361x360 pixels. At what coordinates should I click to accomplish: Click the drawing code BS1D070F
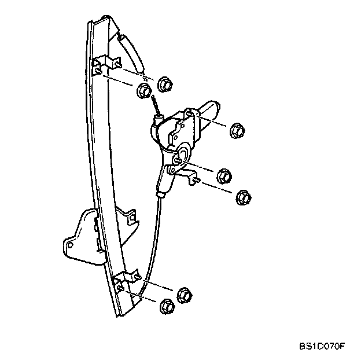(x=322, y=347)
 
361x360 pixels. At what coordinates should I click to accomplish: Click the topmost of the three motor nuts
(x=235, y=130)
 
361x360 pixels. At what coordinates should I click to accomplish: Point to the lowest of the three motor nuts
(x=244, y=196)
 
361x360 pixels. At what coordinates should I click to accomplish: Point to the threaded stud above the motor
(x=155, y=106)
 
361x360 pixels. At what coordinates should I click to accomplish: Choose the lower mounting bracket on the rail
(x=127, y=282)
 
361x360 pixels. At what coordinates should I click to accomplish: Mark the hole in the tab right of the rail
(x=132, y=218)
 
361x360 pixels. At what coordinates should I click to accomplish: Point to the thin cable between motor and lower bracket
(x=152, y=243)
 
